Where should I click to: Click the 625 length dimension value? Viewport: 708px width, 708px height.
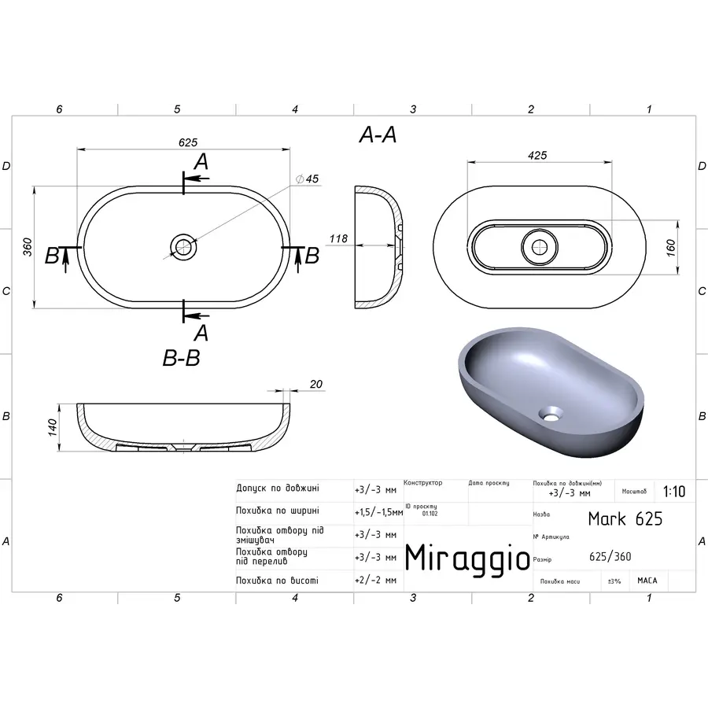click(187, 142)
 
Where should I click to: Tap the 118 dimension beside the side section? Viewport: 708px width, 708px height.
click(337, 238)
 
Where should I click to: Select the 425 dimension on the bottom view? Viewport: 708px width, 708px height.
click(537, 155)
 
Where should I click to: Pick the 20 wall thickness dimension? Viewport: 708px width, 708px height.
click(316, 384)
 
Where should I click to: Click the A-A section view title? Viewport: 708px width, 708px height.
click(378, 135)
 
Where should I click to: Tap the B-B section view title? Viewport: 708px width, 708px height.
click(181, 359)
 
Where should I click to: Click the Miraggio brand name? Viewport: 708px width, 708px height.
click(467, 558)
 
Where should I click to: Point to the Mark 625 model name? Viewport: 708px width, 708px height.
click(625, 518)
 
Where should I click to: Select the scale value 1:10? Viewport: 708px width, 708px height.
click(673, 492)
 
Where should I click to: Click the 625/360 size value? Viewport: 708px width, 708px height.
click(610, 557)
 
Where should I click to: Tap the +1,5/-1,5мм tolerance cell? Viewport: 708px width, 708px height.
click(379, 511)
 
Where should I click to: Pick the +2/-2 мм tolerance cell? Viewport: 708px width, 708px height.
click(376, 580)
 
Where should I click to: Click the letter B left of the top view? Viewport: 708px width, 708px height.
click(52, 256)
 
